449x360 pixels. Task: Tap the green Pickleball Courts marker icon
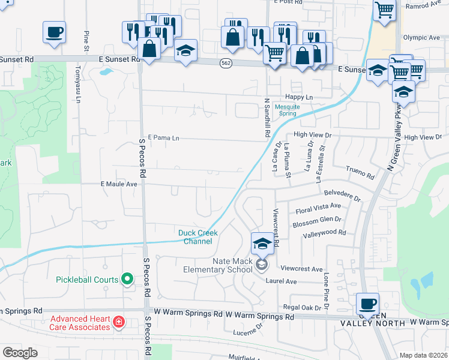tap(127, 279)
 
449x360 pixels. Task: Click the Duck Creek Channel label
tap(197, 237)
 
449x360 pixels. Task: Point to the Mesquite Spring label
tap(287, 110)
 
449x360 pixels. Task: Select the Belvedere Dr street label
tap(342, 197)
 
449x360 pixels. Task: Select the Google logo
tap(20, 353)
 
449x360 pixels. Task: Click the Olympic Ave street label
tap(421, 37)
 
